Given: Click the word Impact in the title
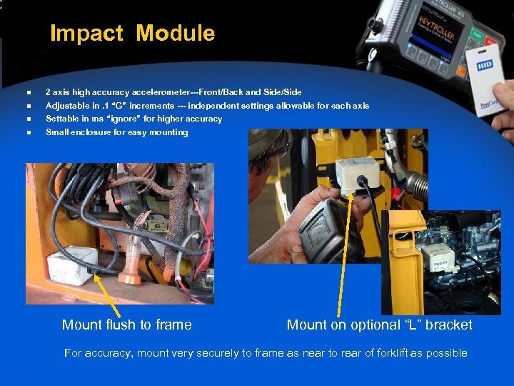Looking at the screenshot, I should pyautogui.click(x=86, y=33).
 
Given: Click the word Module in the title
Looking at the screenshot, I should pyautogui.click(x=175, y=33).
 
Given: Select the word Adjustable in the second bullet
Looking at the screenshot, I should pyautogui.click(x=66, y=106).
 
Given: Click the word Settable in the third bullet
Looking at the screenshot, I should pyautogui.click(x=61, y=119).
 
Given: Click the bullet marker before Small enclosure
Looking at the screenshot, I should pyautogui.click(x=29, y=133).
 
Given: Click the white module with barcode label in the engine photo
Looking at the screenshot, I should pyautogui.click(x=438, y=254).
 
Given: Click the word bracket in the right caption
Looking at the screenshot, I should pyautogui.click(x=447, y=325).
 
